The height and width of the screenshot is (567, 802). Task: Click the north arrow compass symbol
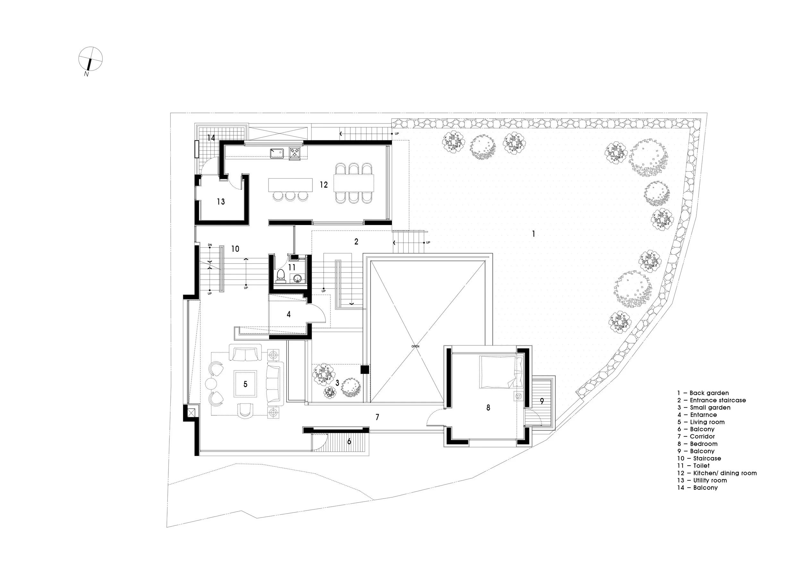coord(90,59)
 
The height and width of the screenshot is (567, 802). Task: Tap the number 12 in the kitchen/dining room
coord(323,185)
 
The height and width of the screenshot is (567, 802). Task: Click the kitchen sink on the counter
coord(278,153)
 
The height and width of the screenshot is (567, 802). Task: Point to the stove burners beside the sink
coord(294,153)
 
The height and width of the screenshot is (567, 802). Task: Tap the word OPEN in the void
coord(415,346)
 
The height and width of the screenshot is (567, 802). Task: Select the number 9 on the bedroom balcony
coord(542,402)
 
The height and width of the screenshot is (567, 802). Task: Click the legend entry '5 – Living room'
coord(701,422)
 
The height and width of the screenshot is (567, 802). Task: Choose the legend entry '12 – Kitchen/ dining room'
coord(717,473)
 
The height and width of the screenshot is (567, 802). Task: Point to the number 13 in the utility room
coord(221,201)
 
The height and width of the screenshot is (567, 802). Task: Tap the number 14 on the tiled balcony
coord(211,138)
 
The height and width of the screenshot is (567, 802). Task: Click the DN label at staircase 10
coord(209,245)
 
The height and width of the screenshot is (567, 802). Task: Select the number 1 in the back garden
coord(533,233)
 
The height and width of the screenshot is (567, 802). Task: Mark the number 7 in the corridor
coord(377,417)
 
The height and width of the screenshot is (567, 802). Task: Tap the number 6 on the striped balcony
coord(349,441)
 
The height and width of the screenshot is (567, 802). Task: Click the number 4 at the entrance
coord(288,314)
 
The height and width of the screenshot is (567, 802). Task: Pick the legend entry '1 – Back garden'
coord(703,393)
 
